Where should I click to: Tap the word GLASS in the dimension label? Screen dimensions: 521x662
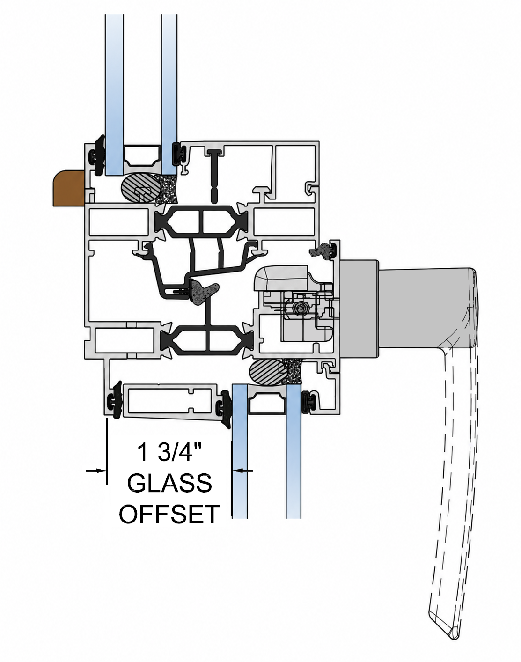click(x=169, y=484)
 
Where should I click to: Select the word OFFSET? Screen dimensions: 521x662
click(x=169, y=515)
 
